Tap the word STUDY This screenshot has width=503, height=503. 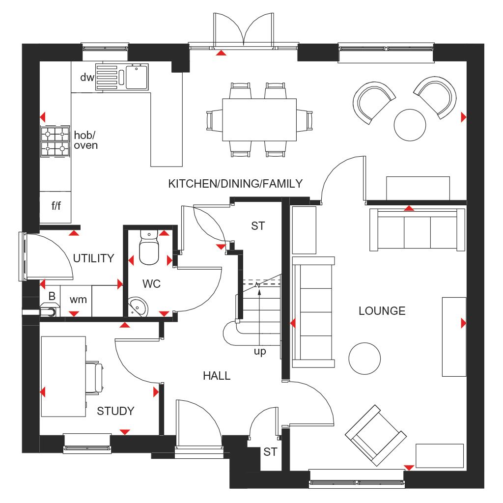coord(115,411)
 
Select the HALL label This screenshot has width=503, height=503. coord(217,376)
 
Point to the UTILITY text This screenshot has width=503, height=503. coord(93,258)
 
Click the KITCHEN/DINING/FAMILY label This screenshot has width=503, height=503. coord(235,184)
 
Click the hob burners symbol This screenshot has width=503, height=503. coord(55,141)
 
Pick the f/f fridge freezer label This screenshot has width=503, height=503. coord(56,206)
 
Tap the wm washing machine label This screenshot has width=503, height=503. coord(78,299)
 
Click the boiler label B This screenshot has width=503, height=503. coord(52,297)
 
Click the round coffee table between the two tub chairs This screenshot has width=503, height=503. coord(410,124)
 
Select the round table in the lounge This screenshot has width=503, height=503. coord(365,358)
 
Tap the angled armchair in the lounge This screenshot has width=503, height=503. coord(375,435)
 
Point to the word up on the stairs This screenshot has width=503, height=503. coord(260,351)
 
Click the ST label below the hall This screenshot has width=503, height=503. coord(270,452)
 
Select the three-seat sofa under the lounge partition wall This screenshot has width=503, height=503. coord(417,230)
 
